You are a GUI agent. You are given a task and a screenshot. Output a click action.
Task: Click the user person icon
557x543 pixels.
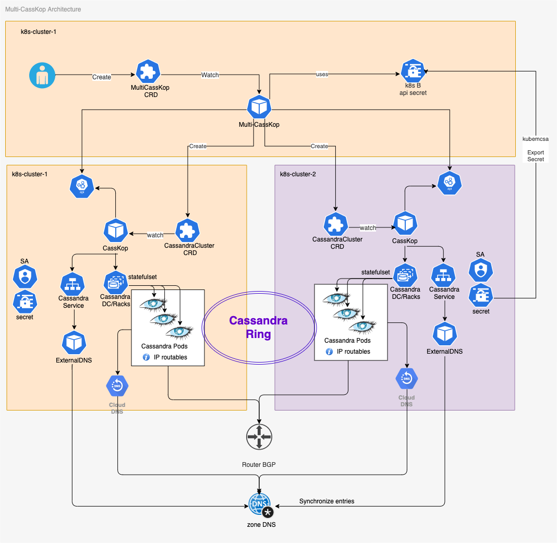pyautogui.click(x=42, y=76)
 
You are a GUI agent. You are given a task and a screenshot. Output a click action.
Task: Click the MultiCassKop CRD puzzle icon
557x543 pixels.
pyautogui.click(x=148, y=72)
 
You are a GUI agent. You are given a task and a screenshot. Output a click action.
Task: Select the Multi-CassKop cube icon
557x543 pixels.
pyautogui.click(x=259, y=107)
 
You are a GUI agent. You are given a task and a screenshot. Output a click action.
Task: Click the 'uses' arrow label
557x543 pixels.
pyautogui.click(x=322, y=75)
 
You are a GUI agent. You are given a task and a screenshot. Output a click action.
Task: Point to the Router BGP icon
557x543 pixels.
pyautogui.click(x=259, y=436)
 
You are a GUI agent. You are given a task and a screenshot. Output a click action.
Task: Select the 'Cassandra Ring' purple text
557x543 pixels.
pyautogui.click(x=259, y=327)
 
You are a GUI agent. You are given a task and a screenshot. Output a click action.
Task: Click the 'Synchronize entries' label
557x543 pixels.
pyautogui.click(x=326, y=501)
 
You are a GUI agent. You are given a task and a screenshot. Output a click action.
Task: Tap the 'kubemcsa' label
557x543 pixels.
pyautogui.click(x=536, y=139)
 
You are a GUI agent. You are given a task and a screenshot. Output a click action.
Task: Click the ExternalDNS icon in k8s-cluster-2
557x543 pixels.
pyautogui.click(x=445, y=334)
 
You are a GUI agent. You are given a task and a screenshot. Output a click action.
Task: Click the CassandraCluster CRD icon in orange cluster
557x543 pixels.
pyautogui.click(x=189, y=230)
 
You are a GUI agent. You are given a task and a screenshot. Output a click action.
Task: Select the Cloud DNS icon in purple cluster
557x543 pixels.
pyautogui.click(x=406, y=380)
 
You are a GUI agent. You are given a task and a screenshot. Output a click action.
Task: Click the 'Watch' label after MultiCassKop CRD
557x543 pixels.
pyautogui.click(x=210, y=75)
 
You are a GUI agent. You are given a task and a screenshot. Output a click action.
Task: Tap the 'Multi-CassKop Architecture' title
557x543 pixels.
pyautogui.click(x=43, y=9)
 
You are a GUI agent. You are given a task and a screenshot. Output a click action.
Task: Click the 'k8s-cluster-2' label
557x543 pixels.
pyautogui.click(x=298, y=174)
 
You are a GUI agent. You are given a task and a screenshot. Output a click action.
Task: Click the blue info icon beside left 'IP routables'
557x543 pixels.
pyautogui.click(x=147, y=357)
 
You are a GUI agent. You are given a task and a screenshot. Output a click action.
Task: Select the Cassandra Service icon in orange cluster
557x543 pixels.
pyautogui.click(x=73, y=284)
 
